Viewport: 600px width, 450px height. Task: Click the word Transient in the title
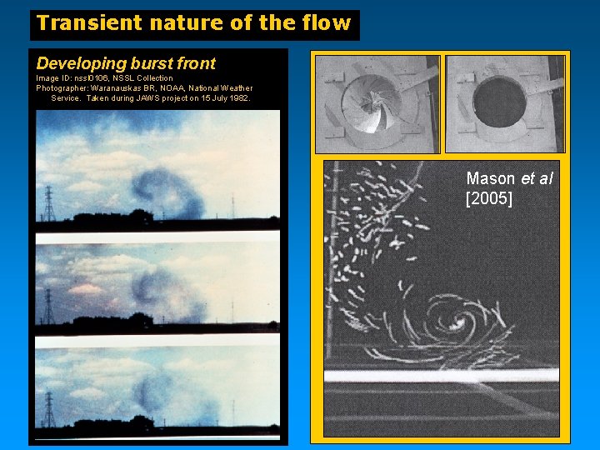click(x=82, y=23)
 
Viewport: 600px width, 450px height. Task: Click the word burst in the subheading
click(x=152, y=63)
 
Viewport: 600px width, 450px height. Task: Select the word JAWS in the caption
click(x=144, y=98)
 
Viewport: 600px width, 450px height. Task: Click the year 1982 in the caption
click(x=237, y=98)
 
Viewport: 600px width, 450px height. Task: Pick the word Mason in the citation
click(x=492, y=179)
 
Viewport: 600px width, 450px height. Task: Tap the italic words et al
click(x=537, y=179)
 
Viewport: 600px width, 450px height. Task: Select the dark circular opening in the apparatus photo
click(x=498, y=102)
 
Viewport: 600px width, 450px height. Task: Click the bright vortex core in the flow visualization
click(x=457, y=321)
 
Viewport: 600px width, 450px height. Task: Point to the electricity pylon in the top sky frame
click(x=48, y=204)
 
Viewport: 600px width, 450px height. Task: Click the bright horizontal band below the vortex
click(x=442, y=374)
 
